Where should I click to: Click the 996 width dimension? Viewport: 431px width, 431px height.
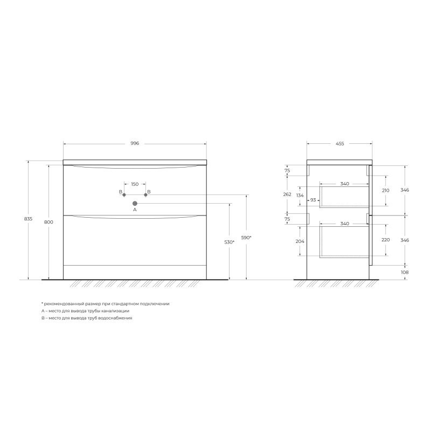(135, 143)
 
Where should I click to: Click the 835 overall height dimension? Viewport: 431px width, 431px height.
(29, 219)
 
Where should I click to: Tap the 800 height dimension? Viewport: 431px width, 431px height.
(48, 222)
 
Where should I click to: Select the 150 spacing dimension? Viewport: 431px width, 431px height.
(135, 184)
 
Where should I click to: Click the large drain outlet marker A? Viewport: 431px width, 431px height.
(135, 204)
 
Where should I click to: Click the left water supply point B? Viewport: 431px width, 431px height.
(124, 195)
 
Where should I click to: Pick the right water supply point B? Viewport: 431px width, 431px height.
(145, 195)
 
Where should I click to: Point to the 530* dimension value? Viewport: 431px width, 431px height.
(230, 242)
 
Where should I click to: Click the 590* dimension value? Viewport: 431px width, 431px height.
(246, 238)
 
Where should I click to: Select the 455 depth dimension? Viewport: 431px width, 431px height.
(340, 143)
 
